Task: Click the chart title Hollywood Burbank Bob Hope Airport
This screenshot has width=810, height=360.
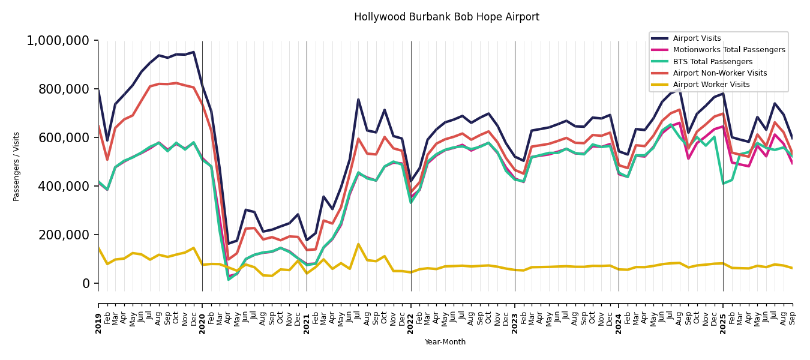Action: pyautogui.click(x=446, y=17)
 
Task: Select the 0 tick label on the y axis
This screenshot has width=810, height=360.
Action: pyautogui.click(x=87, y=283)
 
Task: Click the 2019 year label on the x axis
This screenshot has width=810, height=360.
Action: pyautogui.click(x=98, y=316)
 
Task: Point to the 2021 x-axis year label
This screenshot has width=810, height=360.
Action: pyautogui.click(x=307, y=316)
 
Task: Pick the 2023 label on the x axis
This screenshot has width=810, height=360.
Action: pyautogui.click(x=515, y=316)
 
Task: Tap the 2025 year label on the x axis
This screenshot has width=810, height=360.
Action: pyautogui.click(x=723, y=316)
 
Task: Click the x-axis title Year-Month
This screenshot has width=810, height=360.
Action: pyautogui.click(x=445, y=342)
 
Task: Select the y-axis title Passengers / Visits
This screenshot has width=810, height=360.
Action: pyautogui.click(x=17, y=166)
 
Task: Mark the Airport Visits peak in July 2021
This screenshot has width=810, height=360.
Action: pyautogui.click(x=358, y=100)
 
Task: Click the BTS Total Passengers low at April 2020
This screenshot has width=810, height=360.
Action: pyautogui.click(x=229, y=279)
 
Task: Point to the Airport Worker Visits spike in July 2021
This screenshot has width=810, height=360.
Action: pyautogui.click(x=358, y=244)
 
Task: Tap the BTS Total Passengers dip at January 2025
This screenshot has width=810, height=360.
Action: pyautogui.click(x=723, y=184)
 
